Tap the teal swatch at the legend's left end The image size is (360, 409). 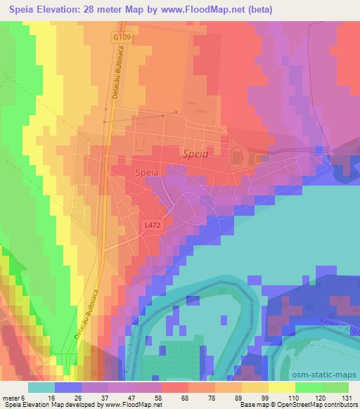coord(41,387)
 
